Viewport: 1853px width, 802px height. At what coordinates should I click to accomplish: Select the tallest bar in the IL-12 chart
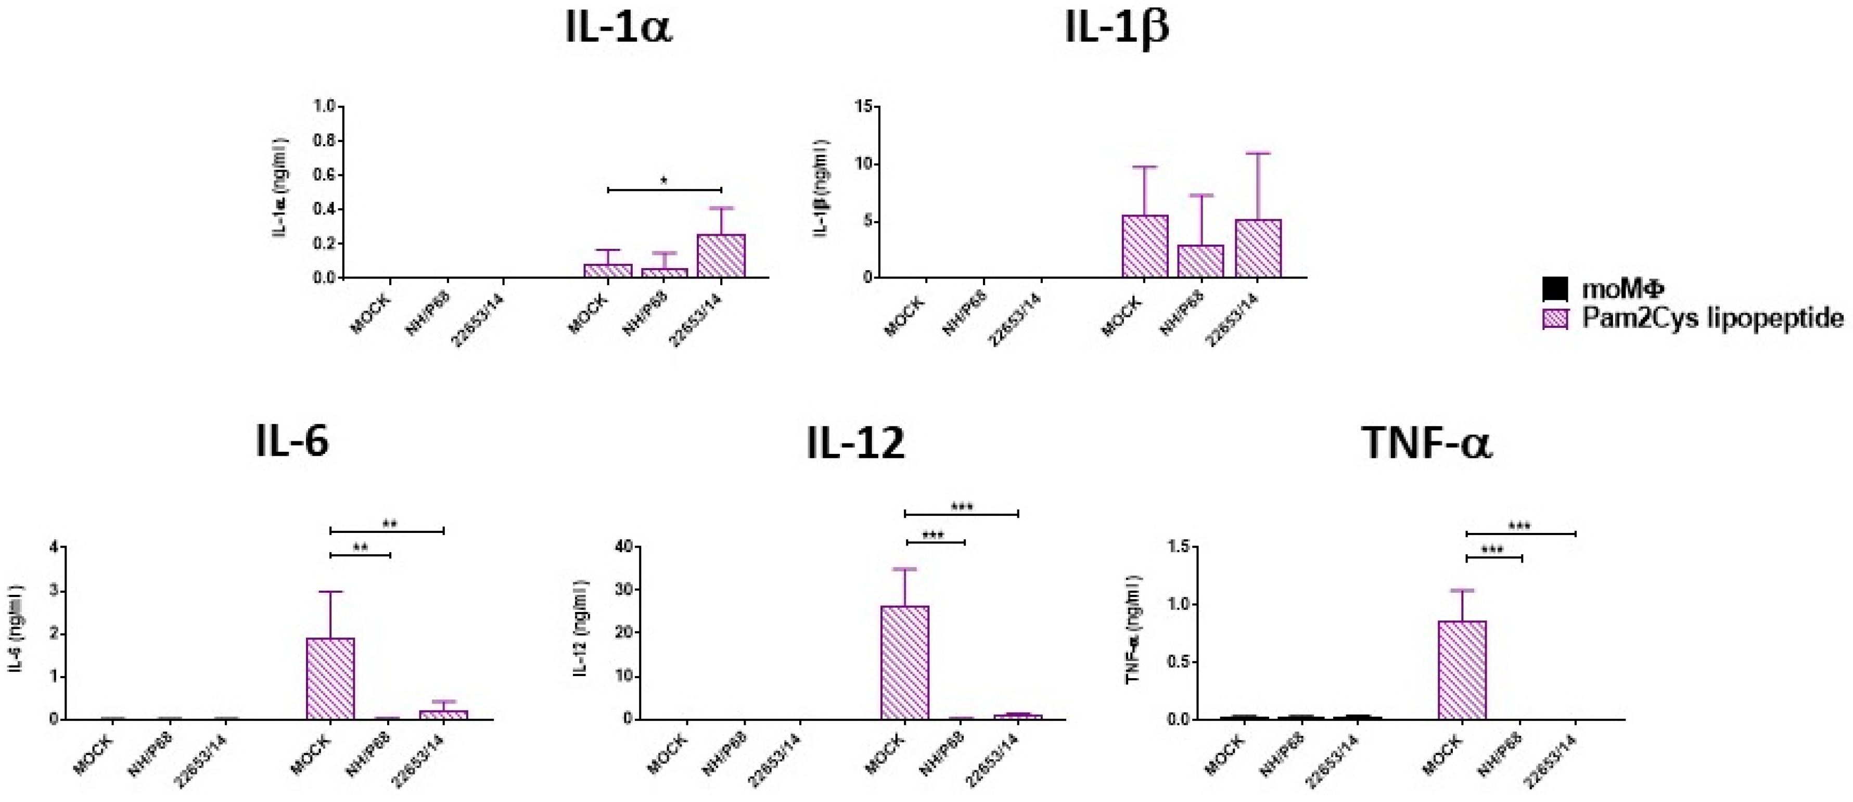[905, 661]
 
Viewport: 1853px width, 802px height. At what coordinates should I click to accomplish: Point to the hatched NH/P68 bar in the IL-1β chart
[1200, 261]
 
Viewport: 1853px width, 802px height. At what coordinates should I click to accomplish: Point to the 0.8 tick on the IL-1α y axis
[325, 141]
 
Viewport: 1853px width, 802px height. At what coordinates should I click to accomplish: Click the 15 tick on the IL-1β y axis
[863, 107]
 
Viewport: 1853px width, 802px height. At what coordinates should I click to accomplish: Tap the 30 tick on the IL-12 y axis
[624, 590]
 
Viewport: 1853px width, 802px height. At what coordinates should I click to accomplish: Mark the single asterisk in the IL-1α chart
[664, 181]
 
